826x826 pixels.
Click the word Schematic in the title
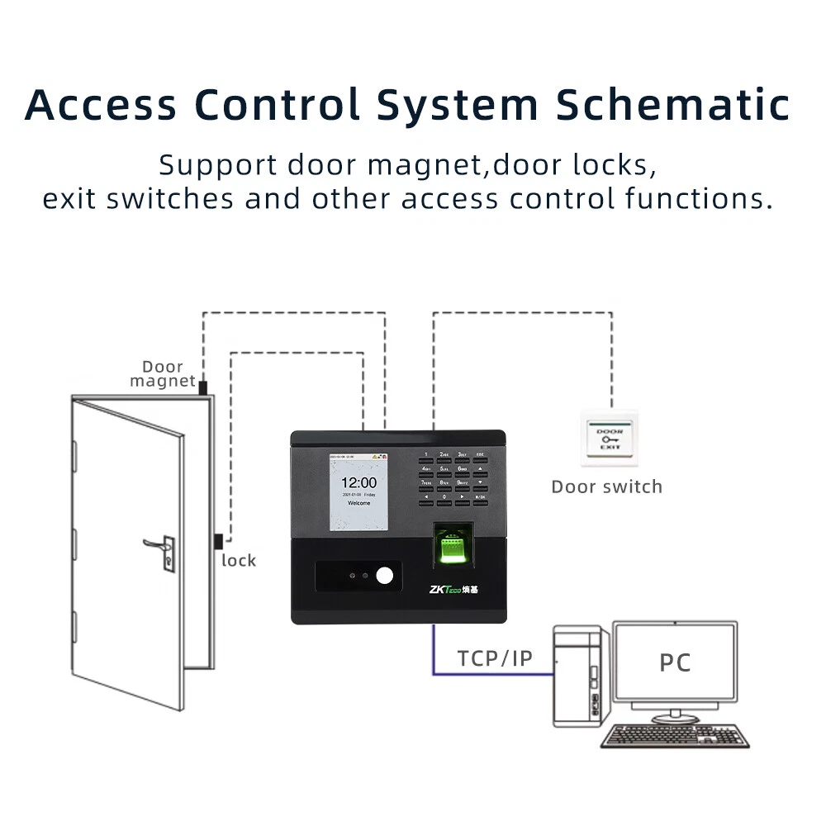point(672,105)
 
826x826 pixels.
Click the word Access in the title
point(101,105)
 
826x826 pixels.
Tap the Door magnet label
point(162,373)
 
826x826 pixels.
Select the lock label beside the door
point(239,561)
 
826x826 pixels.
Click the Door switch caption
point(607,487)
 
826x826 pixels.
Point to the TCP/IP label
point(495,658)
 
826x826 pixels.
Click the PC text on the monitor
point(675,662)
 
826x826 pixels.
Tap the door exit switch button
point(610,438)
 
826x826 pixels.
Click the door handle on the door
point(159,546)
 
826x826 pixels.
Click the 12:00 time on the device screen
point(358,482)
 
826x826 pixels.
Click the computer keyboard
point(674,734)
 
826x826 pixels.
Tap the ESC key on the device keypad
point(481,454)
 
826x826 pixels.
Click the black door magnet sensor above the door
point(202,382)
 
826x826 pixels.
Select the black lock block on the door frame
point(218,543)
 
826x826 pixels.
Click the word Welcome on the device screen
point(358,502)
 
